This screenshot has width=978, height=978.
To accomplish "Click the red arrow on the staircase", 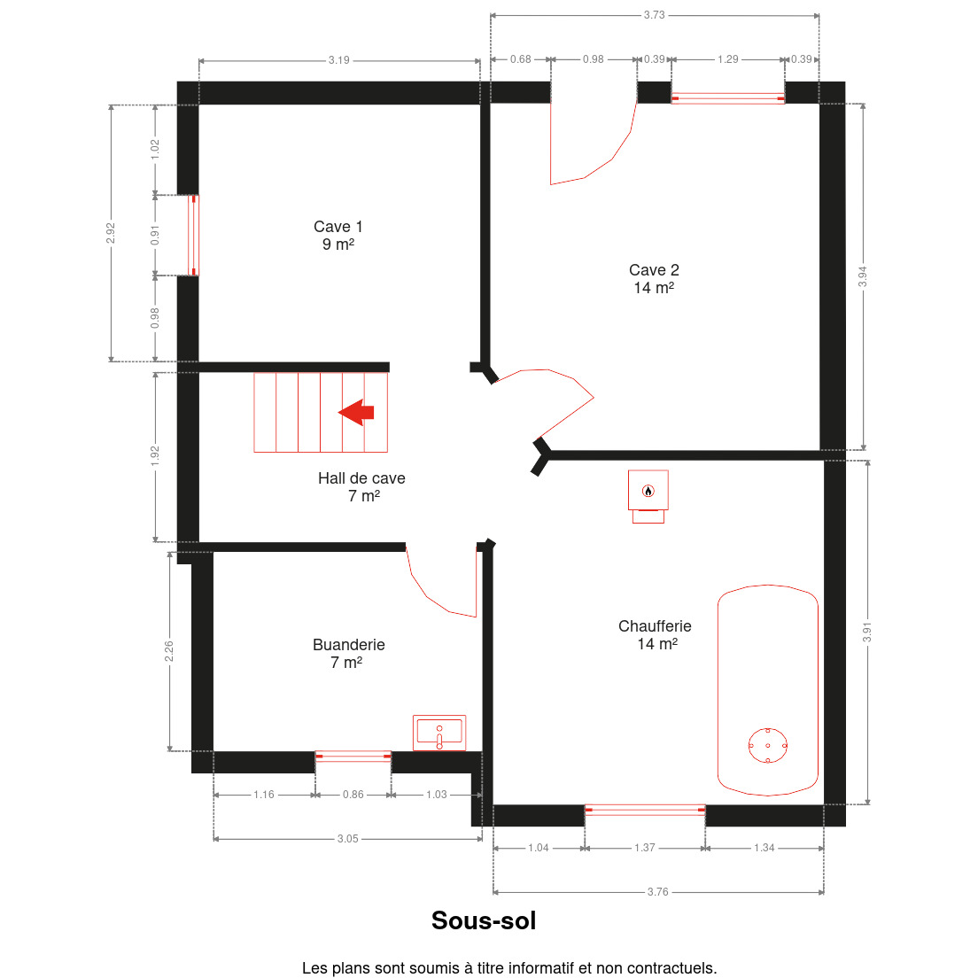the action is (356, 412).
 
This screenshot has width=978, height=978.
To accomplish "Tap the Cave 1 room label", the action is (338, 235).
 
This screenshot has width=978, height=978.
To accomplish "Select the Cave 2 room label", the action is (654, 279).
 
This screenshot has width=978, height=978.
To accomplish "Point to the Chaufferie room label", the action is (655, 635).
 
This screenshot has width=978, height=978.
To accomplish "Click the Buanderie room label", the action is (349, 654).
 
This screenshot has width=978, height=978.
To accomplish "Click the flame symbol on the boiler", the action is (648, 491).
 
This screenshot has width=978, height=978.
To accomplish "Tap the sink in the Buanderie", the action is (439, 733).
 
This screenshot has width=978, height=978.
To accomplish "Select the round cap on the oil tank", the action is (768, 745).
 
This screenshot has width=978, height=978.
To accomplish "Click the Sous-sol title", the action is (484, 920).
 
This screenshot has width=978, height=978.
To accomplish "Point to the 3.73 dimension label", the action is (655, 15).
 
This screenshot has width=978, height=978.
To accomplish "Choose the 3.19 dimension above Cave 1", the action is (339, 60).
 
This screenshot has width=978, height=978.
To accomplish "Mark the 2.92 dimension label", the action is (111, 233).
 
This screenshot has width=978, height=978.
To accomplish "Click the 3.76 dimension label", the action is (658, 892).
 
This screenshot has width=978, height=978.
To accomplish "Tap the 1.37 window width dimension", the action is (645, 848).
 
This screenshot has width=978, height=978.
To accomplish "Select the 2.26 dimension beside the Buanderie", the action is (169, 651).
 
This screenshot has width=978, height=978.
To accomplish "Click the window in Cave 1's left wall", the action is (193, 235).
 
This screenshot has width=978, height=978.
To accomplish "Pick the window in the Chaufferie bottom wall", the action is (645, 811).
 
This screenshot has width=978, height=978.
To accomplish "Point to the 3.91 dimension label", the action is (867, 633).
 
